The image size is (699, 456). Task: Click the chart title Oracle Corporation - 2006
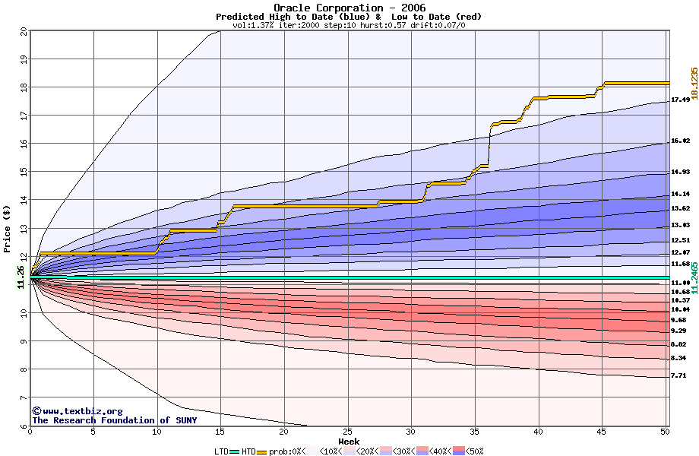click(x=349, y=8)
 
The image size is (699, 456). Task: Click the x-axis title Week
click(x=349, y=442)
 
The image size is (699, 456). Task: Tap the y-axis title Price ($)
click(x=7, y=229)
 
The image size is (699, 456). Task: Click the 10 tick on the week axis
click(x=157, y=432)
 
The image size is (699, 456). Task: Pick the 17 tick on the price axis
click(x=23, y=116)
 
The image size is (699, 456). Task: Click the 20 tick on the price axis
click(x=23, y=31)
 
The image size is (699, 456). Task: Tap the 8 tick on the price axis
click(x=23, y=370)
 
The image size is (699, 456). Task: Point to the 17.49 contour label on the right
click(x=680, y=100)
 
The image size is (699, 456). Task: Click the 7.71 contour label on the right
click(x=678, y=375)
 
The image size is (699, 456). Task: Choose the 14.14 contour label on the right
click(x=680, y=194)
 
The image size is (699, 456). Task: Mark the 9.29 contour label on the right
click(x=678, y=331)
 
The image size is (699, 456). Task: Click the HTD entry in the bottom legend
click(x=248, y=451)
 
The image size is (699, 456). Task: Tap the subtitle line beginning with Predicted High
click(x=349, y=17)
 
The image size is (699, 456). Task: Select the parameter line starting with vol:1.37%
click(x=349, y=25)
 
